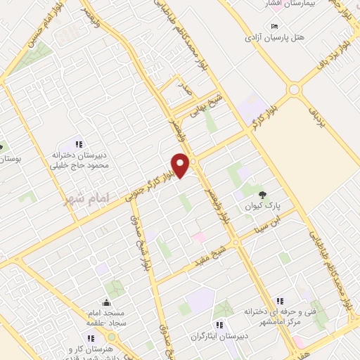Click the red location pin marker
point(181,164)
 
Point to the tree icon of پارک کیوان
point(263,194)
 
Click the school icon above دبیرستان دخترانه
point(78,143)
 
